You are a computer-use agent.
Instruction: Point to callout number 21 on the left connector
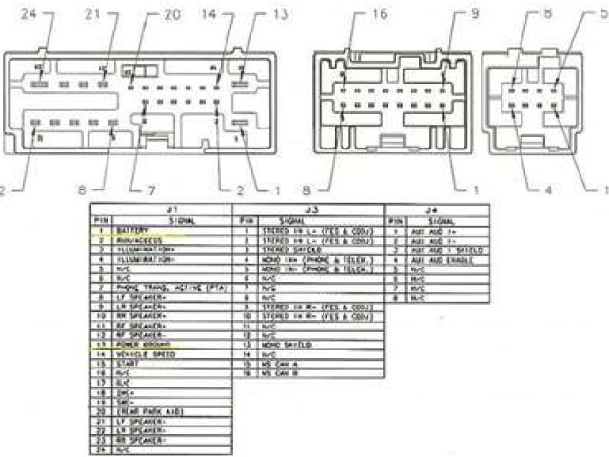coord(92,13)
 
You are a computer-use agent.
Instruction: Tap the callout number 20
coord(171,14)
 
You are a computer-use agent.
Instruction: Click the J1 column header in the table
coord(172,208)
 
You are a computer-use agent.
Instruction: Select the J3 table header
coord(309,208)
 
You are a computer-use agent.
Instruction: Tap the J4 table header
coord(434,208)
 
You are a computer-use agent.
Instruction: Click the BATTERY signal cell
coord(134,231)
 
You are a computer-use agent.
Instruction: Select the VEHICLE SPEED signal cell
coord(143,352)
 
